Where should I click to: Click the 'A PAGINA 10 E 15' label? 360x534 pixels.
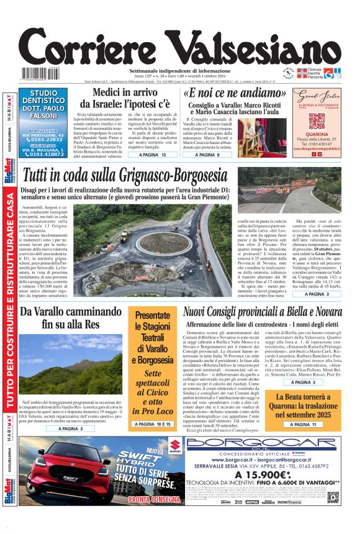(152, 423)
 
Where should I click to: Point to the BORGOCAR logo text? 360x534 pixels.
(261, 443)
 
